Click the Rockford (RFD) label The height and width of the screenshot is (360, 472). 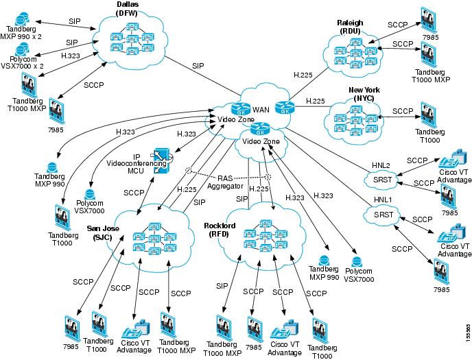(221, 230)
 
